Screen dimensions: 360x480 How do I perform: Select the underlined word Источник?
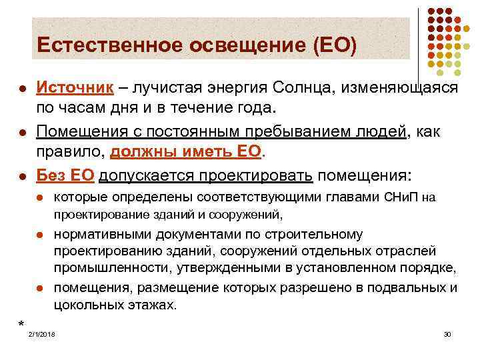pyautogui.click(x=73, y=89)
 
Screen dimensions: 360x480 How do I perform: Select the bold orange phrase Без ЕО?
pyautogui.click(x=67, y=176)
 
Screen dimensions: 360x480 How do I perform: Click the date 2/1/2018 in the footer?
pyautogui.click(x=42, y=333)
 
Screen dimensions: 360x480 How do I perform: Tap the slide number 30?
pyautogui.click(x=447, y=333)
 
